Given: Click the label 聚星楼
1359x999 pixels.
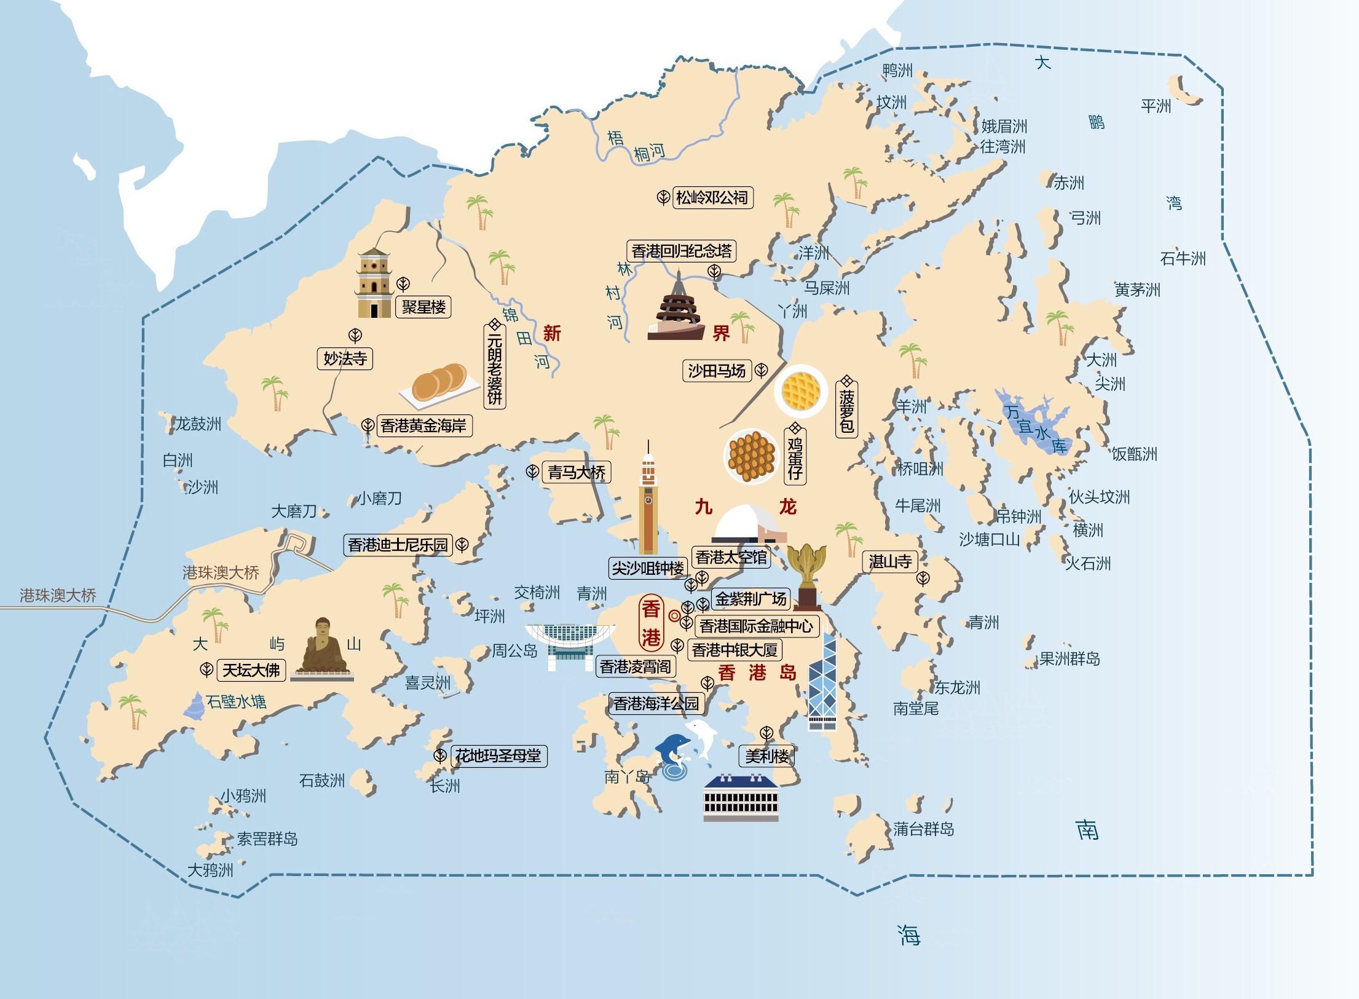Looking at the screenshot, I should click(x=423, y=307).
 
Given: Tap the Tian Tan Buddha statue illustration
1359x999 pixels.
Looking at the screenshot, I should click(x=322, y=649).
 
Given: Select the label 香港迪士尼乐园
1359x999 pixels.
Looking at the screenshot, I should click(x=398, y=545).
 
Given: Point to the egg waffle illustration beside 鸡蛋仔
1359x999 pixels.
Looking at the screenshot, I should click(x=751, y=456).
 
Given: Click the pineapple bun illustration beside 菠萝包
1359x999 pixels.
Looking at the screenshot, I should click(x=801, y=391).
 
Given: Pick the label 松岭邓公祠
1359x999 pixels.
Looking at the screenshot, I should click(x=712, y=197).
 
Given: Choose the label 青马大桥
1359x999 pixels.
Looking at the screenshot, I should click(x=576, y=472).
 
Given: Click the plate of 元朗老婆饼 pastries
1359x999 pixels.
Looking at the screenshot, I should click(x=439, y=384).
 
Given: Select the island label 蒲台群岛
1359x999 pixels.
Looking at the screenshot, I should click(x=923, y=829).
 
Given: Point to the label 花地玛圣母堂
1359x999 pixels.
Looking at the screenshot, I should click(x=498, y=756).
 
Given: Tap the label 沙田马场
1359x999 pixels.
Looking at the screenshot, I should click(x=717, y=371).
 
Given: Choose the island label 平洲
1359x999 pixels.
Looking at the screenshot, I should click(x=1156, y=106).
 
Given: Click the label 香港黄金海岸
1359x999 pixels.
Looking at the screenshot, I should click(x=423, y=425).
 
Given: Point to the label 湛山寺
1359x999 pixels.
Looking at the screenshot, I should click(x=890, y=561).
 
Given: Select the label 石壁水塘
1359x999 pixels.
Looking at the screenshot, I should click(x=236, y=701).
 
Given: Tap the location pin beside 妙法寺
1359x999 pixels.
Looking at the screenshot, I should click(x=355, y=335).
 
